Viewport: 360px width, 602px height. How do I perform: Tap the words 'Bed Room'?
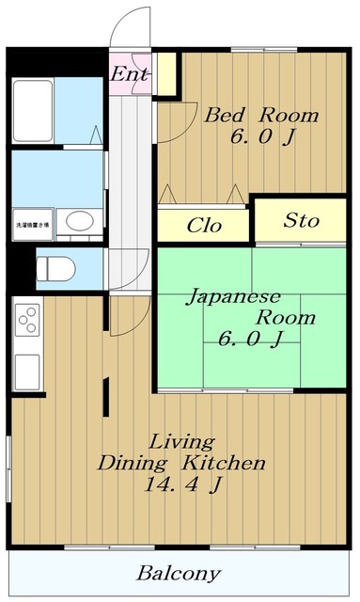[261, 117]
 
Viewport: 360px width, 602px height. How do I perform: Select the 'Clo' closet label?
[204, 225]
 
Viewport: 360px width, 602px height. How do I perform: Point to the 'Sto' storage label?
[302, 221]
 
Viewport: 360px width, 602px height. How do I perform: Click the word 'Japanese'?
[230, 297]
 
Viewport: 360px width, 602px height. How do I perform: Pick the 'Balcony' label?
[179, 573]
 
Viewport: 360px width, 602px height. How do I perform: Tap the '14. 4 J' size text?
[183, 486]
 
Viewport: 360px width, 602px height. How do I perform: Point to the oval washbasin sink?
[79, 222]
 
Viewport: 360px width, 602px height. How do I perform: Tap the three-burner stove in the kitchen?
[25, 323]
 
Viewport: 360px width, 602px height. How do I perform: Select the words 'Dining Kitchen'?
[183, 464]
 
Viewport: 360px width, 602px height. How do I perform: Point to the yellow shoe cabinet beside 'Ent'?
[166, 75]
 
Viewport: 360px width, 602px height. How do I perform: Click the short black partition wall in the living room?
[106, 394]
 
